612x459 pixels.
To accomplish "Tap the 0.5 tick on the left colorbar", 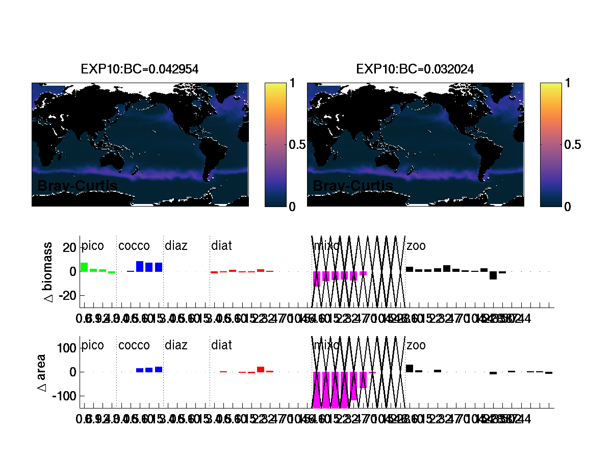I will point(297,145).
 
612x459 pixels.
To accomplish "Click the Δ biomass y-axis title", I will point(49,272).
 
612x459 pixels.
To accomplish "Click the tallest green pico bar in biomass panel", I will point(84,267).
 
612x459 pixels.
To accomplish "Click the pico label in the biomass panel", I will point(93,246).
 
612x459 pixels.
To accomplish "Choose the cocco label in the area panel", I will point(134,345).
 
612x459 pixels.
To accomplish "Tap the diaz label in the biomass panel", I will point(176,246).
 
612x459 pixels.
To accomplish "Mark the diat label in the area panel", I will point(221,345).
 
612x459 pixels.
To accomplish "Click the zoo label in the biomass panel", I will point(416,246).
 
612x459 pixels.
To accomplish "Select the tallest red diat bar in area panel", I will point(261,370).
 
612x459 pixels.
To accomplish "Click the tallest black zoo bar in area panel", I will point(410,368).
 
